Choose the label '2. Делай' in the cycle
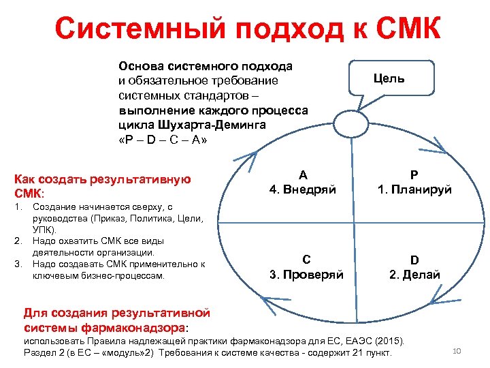(414, 275)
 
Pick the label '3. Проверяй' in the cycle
(306, 275)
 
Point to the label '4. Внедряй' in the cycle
(303, 189)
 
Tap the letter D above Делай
(414, 260)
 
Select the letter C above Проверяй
(306, 260)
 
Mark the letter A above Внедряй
(303, 174)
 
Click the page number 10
(457, 351)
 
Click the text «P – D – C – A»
(162, 140)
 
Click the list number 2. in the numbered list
(19, 241)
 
